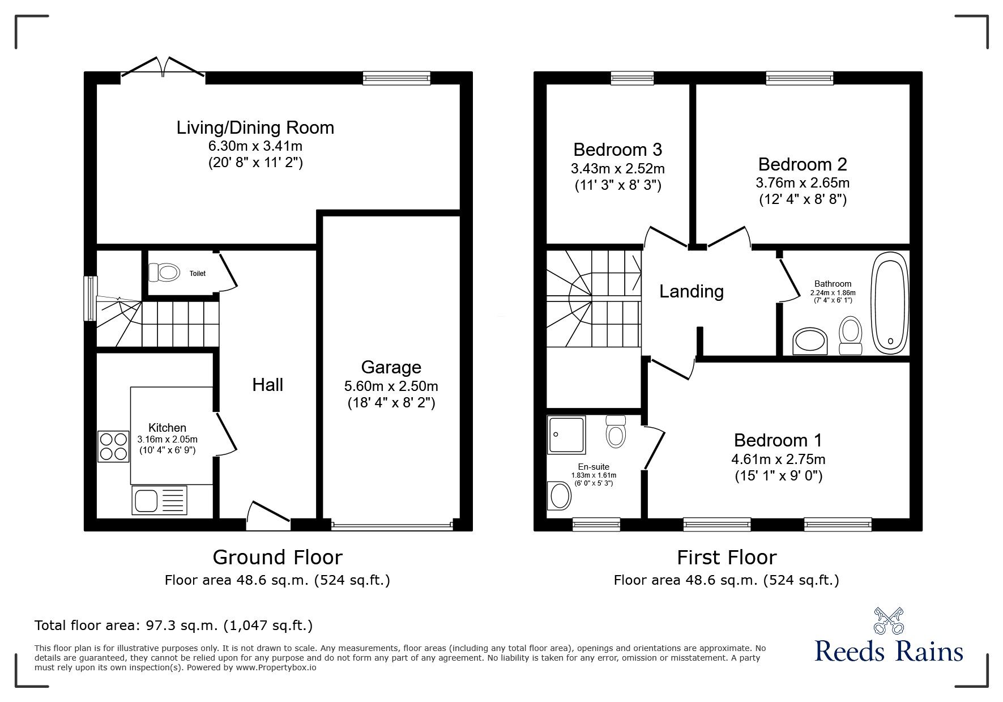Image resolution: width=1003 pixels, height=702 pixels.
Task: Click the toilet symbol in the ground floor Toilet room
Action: click(164, 273)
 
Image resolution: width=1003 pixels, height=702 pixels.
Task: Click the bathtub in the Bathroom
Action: click(890, 304)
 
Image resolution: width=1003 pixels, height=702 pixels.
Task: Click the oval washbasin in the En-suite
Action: click(560, 496)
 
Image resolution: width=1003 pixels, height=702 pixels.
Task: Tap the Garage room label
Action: click(391, 367)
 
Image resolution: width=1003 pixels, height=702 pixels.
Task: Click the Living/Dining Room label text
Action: click(255, 127)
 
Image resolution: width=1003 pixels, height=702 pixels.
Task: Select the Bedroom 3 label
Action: click(617, 150)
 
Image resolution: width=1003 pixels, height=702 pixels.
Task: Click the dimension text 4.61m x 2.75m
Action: click(778, 459)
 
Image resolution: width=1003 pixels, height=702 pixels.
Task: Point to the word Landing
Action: click(692, 291)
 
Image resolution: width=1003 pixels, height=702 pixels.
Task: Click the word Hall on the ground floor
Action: click(267, 385)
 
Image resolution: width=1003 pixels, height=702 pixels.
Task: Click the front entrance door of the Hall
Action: click(269, 513)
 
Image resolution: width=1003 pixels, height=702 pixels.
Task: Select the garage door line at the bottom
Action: click(392, 526)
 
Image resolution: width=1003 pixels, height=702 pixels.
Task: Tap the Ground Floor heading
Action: click(278, 557)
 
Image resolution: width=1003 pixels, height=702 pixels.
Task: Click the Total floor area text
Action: click(173, 626)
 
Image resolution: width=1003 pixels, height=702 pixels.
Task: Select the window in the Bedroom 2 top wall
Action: click(799, 78)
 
